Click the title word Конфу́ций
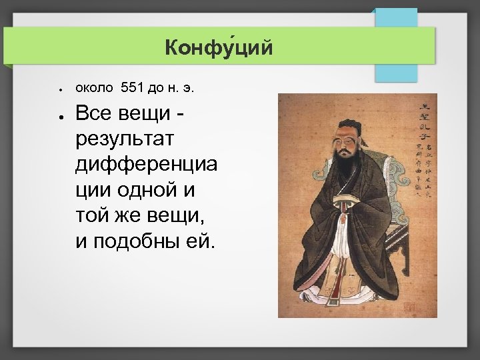click(x=219, y=48)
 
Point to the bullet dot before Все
click(x=60, y=117)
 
